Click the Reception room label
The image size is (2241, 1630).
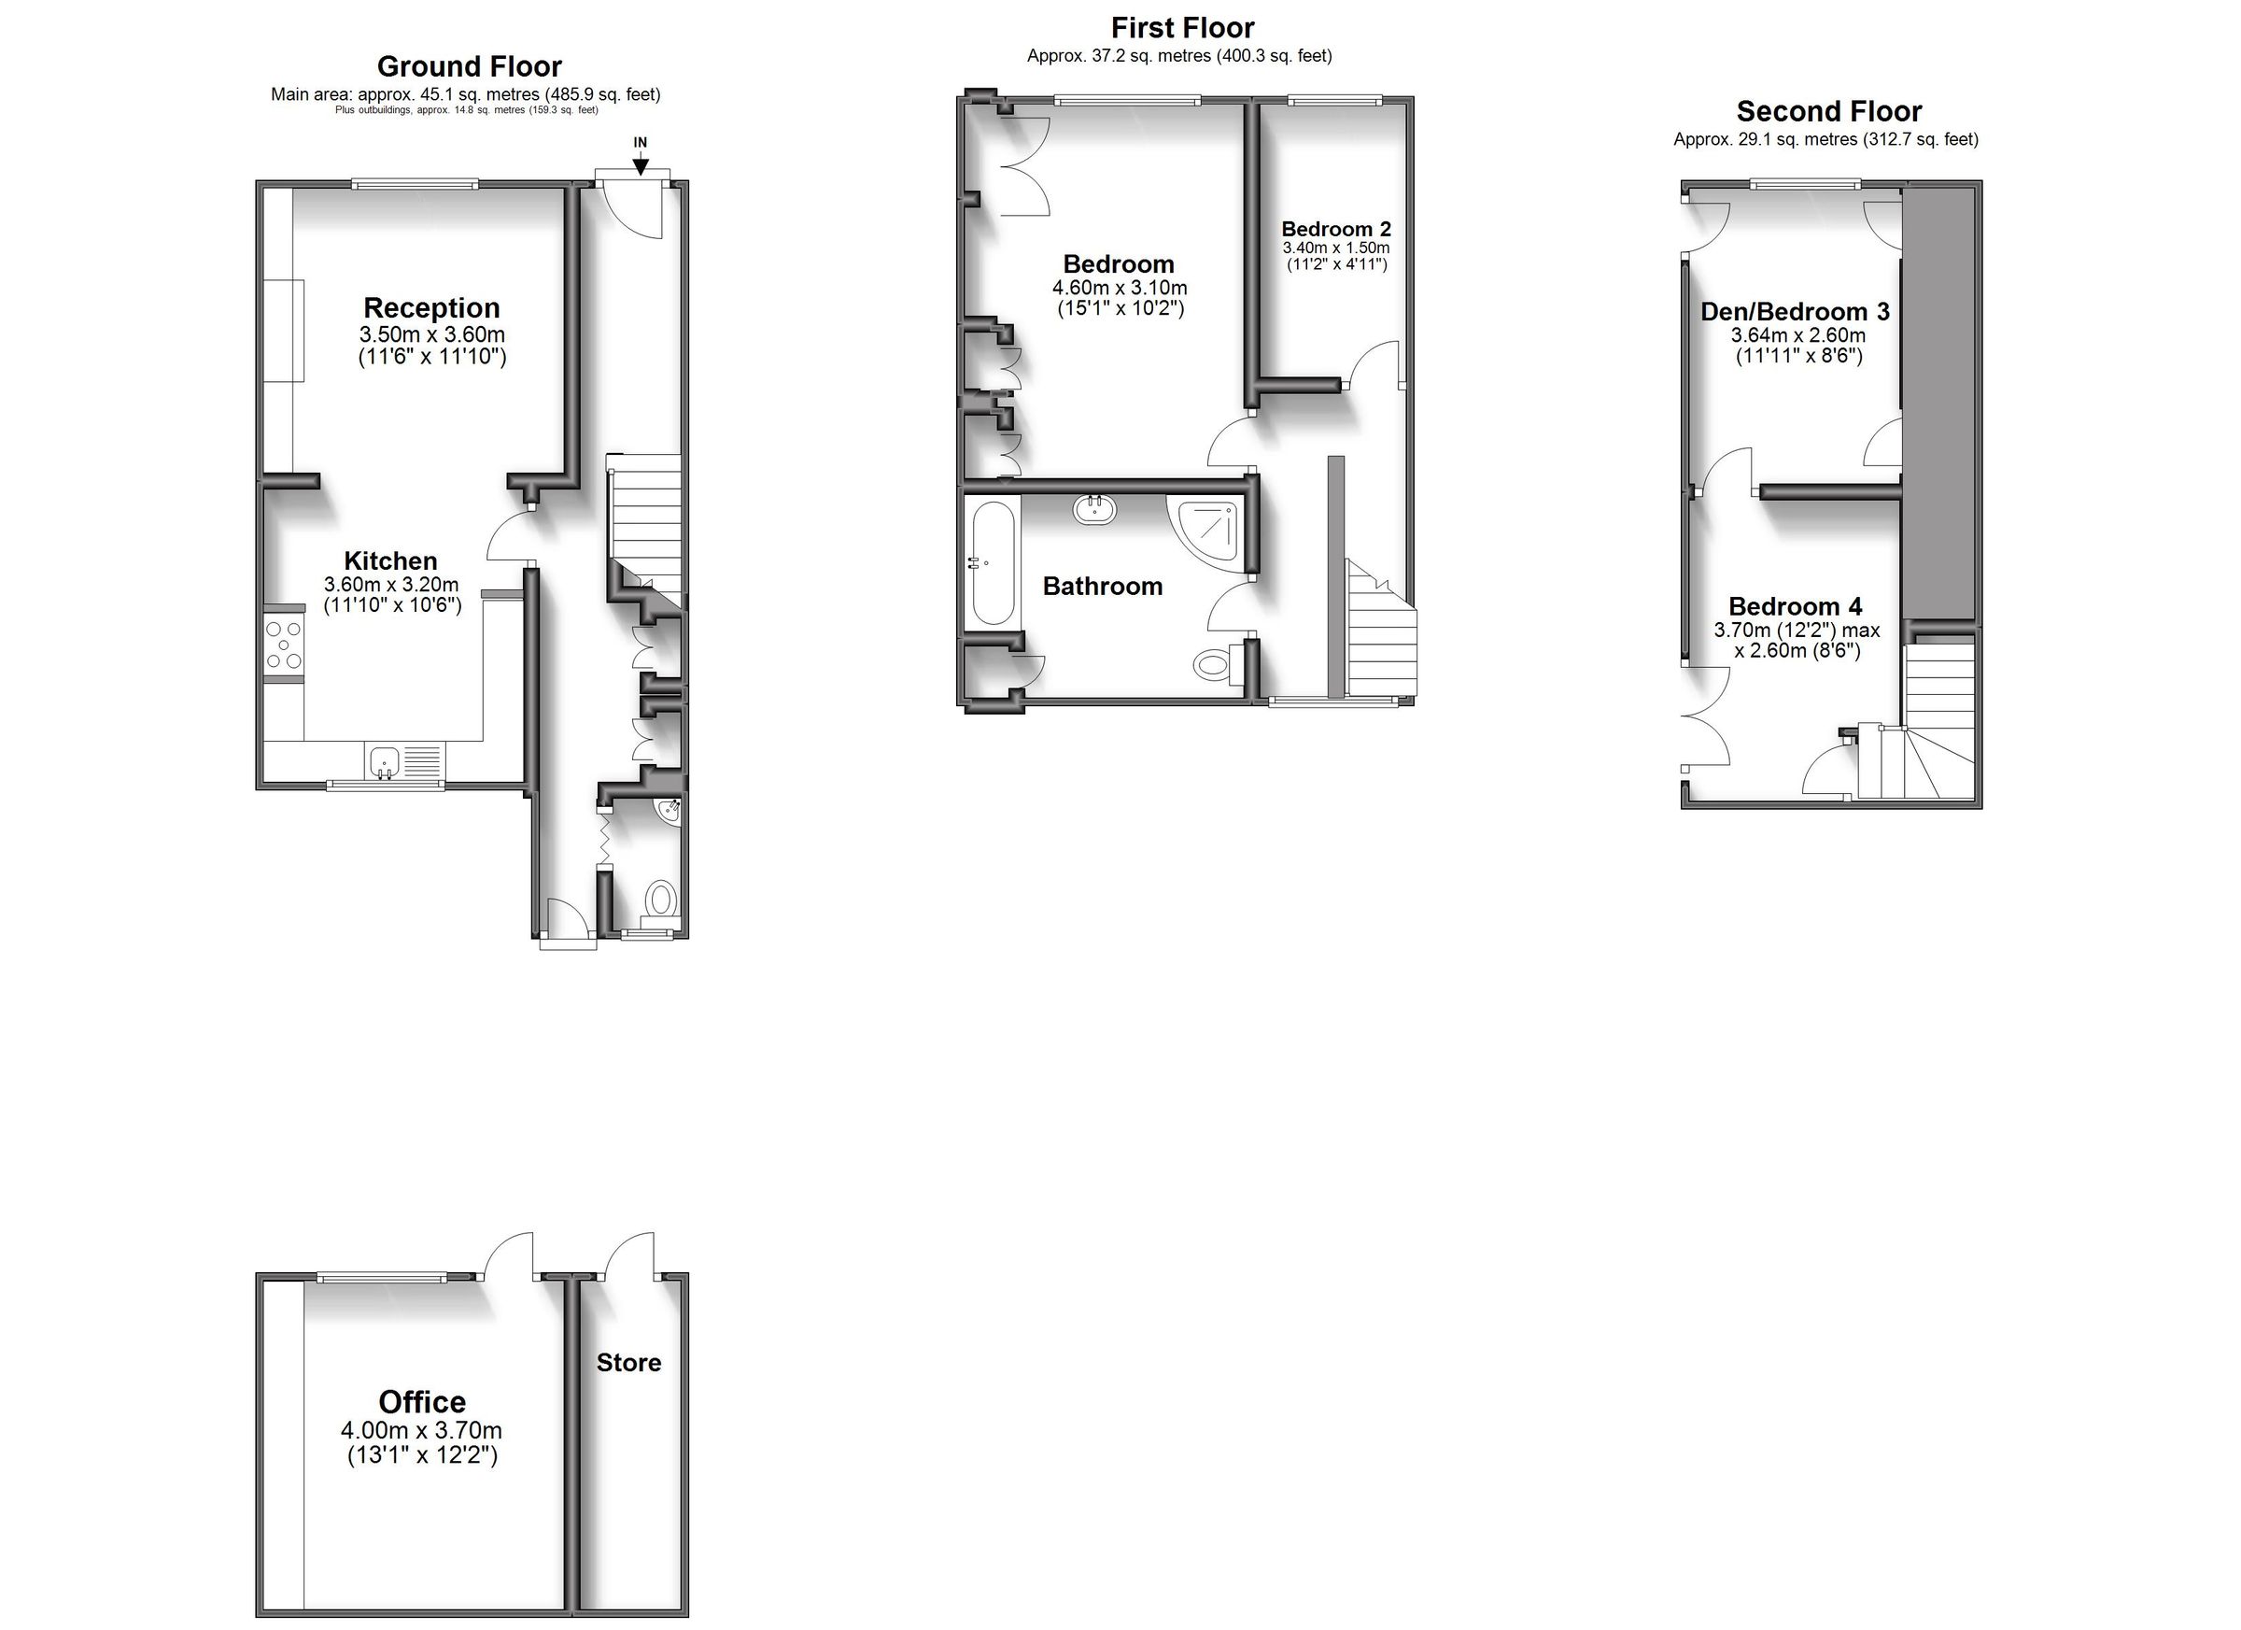pos(431,307)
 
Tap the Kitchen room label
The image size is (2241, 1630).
pos(390,560)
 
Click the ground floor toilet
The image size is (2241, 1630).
pos(661,900)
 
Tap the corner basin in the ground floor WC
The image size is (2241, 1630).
pos(669,811)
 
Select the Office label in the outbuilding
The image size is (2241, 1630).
pos(422,1402)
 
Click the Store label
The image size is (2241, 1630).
pos(628,1362)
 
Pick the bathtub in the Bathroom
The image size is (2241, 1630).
pos(993,562)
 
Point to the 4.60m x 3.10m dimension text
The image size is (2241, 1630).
pos(1120,288)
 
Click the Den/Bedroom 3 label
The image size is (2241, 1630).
pos(1795,311)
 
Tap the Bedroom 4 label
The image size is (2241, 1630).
pos(1796,606)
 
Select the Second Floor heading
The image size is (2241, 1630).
pos(1829,111)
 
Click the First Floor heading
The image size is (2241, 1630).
pos(1183,27)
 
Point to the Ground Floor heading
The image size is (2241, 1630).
pos(470,66)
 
